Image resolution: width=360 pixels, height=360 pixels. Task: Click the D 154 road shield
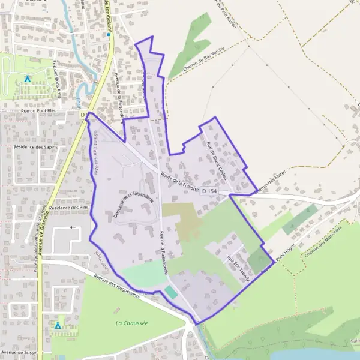(209, 191)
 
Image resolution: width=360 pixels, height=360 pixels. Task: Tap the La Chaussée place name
(131, 323)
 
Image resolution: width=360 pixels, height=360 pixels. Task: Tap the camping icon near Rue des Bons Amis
(27, 79)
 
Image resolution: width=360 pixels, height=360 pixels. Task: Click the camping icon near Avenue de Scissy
(58, 325)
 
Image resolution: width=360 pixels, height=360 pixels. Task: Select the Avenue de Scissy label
(20, 353)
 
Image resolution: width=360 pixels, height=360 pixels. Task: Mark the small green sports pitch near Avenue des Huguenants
(171, 293)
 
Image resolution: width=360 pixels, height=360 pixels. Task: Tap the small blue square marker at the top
(109, 35)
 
